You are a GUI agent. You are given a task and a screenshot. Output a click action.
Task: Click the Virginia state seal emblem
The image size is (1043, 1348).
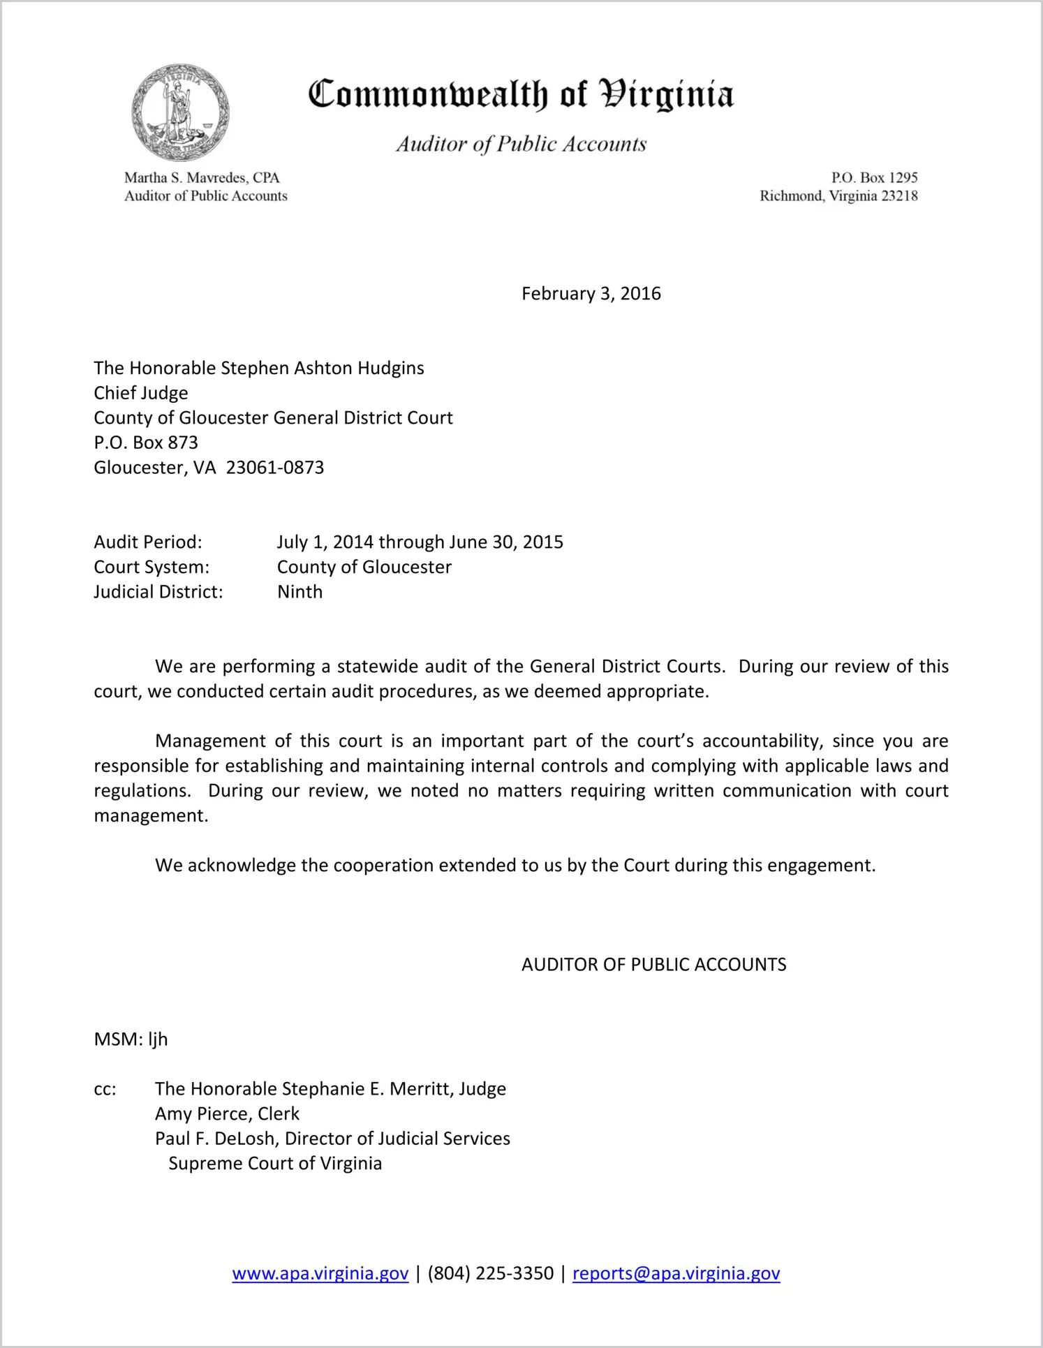click(180, 113)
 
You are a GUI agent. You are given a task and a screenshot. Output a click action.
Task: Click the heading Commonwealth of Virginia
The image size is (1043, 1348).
click(521, 95)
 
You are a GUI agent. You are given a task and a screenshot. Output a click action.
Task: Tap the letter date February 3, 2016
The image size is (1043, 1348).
click(591, 293)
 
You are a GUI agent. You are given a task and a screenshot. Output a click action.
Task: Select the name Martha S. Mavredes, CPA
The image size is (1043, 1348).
click(202, 178)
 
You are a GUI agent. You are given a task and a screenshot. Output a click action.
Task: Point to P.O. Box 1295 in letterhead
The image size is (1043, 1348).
click(874, 178)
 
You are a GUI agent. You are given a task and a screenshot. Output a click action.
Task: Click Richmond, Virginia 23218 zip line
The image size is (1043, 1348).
click(838, 196)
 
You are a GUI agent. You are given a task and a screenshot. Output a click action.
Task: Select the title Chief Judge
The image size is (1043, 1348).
click(141, 393)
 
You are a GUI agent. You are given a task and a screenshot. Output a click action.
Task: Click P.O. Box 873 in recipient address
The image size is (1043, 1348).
click(146, 443)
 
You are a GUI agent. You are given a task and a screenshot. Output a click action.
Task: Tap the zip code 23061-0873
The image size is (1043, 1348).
click(275, 468)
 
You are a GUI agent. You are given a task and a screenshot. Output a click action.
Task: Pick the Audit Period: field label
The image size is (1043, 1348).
click(148, 542)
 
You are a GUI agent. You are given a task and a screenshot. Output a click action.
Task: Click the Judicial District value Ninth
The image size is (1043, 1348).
click(300, 592)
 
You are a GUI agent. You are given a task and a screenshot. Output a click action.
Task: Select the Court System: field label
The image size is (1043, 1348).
click(151, 567)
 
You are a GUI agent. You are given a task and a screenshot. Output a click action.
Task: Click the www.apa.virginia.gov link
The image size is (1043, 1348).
click(320, 1273)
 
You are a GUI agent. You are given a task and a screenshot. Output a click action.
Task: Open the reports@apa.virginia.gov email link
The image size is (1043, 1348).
click(676, 1273)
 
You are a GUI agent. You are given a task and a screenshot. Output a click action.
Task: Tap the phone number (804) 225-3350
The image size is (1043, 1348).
click(491, 1273)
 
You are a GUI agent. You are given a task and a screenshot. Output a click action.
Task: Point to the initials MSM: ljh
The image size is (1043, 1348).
click(131, 1039)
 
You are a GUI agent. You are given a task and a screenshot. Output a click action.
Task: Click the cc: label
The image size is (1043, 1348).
click(105, 1089)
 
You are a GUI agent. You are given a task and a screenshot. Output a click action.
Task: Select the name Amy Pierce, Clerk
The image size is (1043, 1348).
click(227, 1113)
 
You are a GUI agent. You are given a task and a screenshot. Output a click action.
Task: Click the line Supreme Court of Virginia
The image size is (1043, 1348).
click(275, 1164)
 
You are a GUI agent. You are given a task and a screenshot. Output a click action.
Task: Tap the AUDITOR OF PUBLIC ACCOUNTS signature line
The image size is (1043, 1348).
click(653, 965)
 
